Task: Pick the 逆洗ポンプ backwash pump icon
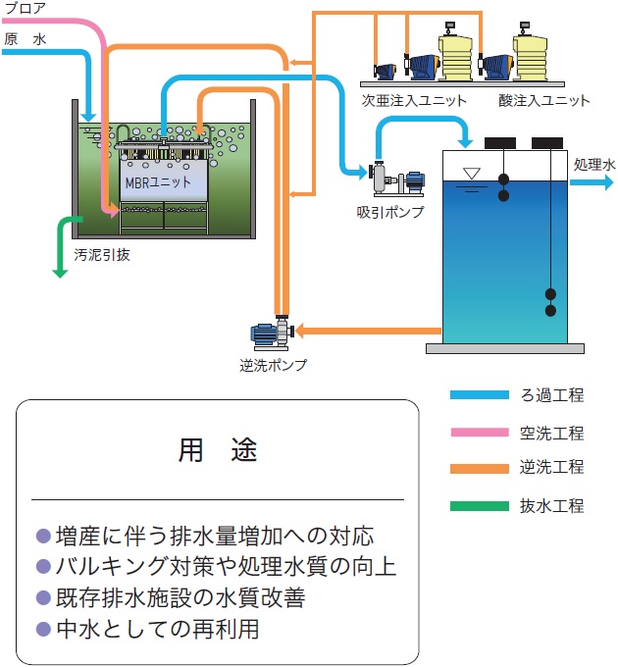270,333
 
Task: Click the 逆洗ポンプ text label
274,365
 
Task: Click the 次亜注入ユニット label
414,100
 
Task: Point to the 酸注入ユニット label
544,100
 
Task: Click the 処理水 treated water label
594,164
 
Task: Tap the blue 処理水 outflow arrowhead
607,182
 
